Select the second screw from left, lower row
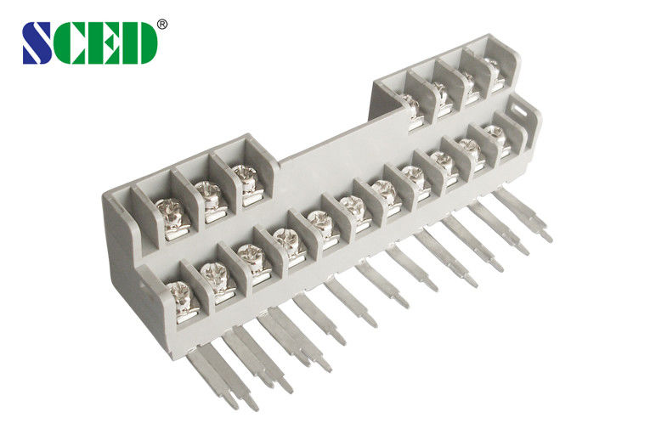(x=215, y=274)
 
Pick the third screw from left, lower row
(x=251, y=254)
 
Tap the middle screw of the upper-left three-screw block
(x=207, y=192)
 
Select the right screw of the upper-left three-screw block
(x=245, y=175)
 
